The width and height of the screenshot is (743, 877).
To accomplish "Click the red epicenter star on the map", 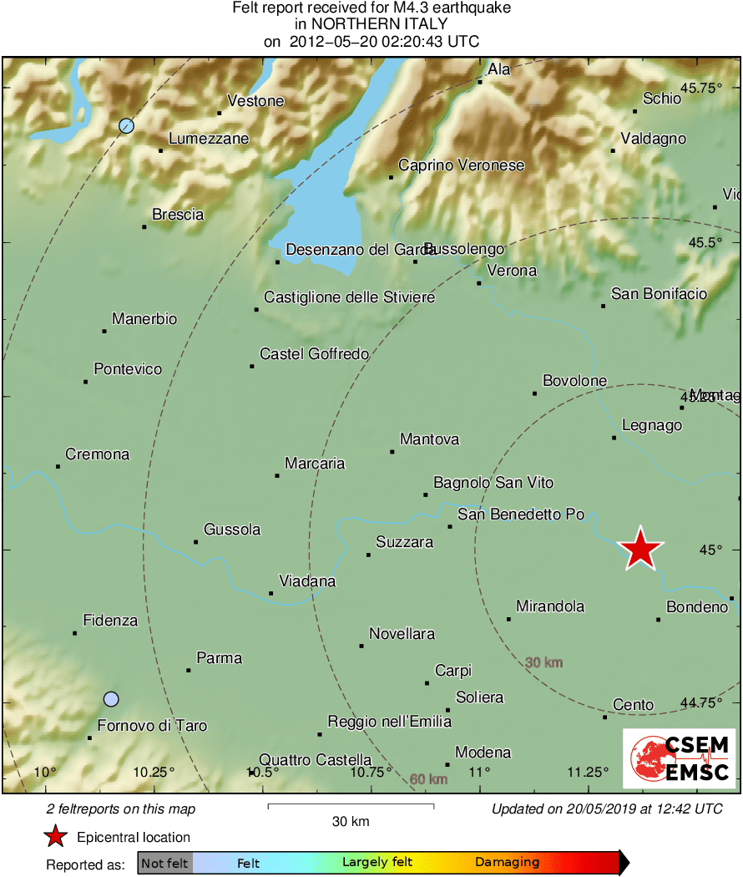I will coord(640,550).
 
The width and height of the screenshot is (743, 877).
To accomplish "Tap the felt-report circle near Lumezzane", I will coord(126,126).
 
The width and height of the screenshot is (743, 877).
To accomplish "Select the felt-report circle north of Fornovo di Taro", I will coord(111,698).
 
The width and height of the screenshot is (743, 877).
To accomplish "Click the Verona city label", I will coord(512,271).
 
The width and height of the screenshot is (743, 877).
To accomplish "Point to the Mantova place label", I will coord(429,439).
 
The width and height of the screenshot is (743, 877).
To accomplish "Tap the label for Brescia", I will coord(178,215).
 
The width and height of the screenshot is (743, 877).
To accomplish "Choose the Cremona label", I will coord(98,454).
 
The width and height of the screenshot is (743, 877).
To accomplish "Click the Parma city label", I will coord(219,658).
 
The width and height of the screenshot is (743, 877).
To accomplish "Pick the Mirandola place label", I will coord(550,606).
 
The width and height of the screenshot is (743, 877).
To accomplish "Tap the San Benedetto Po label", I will coord(521,515).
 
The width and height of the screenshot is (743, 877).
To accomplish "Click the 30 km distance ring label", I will coord(543,662).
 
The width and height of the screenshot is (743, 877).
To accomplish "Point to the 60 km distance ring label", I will coord(429,779).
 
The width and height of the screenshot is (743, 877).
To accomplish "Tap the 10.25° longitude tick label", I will coord(154,772).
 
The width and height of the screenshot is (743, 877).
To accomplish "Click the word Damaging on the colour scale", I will coord(507,862).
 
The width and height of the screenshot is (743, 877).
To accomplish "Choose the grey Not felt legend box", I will coord(165,863).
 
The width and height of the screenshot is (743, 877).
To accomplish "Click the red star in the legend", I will coord(55,836).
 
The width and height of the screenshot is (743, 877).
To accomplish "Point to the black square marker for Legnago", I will coord(614,438).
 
